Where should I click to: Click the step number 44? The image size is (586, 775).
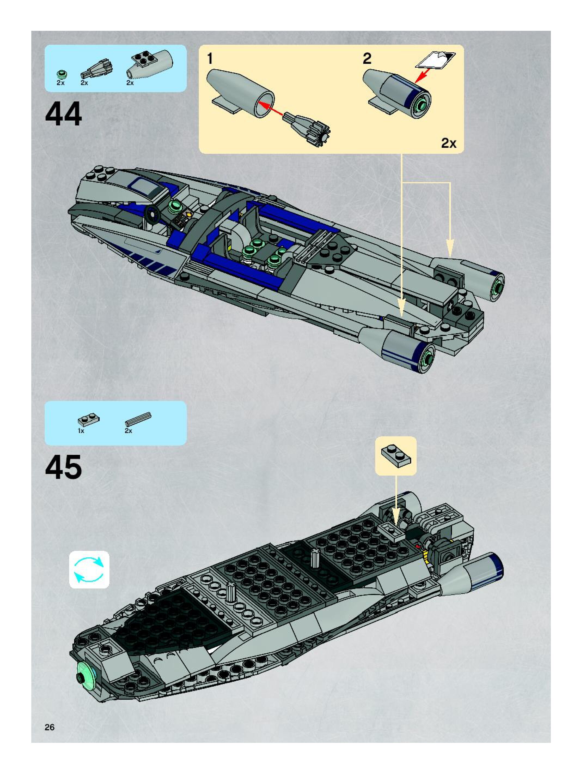pyautogui.click(x=63, y=114)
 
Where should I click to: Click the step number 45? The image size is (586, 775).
pyautogui.click(x=63, y=467)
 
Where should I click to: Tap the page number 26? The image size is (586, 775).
pyautogui.click(x=50, y=727)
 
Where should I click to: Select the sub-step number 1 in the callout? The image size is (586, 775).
pyautogui.click(x=210, y=59)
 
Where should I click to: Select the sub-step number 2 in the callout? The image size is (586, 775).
pyautogui.click(x=367, y=59)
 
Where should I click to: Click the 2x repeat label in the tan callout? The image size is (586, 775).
pyautogui.click(x=448, y=143)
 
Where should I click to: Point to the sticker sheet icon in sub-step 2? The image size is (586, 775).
pyautogui.click(x=436, y=59)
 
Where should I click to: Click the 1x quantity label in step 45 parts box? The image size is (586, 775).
pyautogui.click(x=81, y=431)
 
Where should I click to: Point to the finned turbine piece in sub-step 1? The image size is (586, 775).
pyautogui.click(x=308, y=128)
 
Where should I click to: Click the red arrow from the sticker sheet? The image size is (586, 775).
pyautogui.click(x=423, y=75)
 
